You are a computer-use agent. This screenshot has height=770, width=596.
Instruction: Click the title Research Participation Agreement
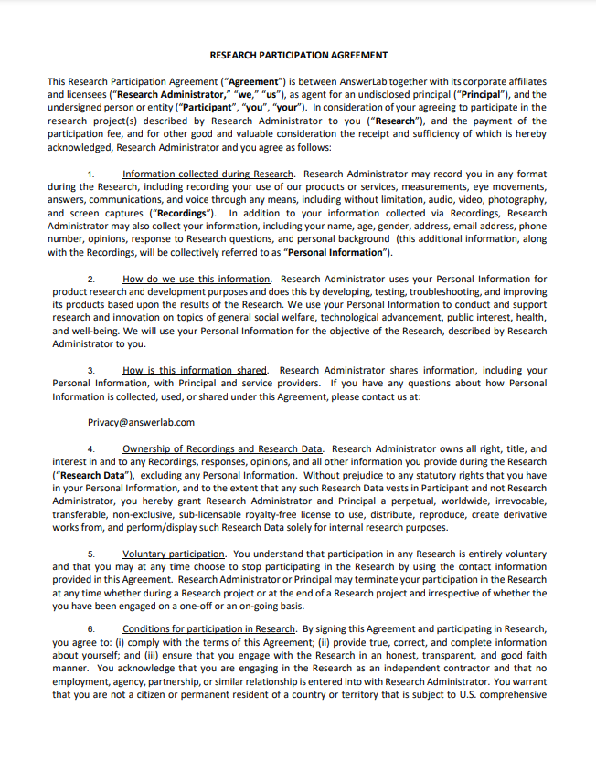tap(298, 55)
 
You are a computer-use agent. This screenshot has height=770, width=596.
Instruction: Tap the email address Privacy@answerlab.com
tap(141, 423)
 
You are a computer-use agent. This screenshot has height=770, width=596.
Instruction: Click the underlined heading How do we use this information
tap(197, 279)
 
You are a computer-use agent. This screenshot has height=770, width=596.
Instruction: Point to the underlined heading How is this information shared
tap(195, 371)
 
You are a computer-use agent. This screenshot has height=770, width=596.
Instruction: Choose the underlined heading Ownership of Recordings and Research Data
tap(222, 449)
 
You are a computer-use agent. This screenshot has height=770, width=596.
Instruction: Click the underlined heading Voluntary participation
tap(174, 554)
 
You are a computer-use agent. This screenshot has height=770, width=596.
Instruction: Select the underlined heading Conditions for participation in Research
tap(208, 629)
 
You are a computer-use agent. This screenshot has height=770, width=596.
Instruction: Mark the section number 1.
tap(90, 174)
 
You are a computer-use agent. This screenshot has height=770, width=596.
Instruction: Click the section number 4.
tap(90, 449)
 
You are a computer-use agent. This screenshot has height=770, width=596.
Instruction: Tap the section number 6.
tap(90, 629)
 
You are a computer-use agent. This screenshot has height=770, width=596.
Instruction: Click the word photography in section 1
tap(516, 200)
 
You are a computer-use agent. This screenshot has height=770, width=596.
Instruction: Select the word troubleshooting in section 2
tap(441, 291)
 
